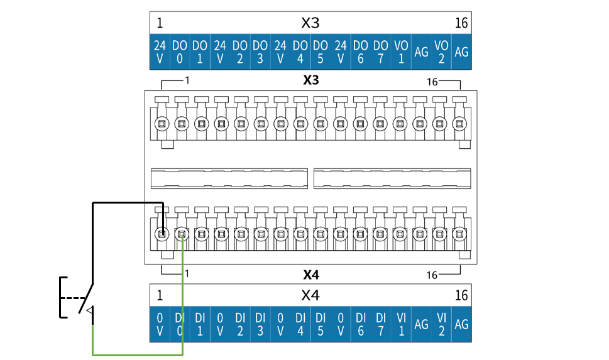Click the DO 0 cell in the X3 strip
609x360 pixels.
coord(180,52)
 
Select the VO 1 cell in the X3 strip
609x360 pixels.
coord(401,52)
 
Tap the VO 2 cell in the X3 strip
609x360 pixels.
coord(441,52)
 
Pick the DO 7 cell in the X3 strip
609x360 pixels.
coord(381,52)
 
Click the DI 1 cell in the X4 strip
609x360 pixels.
coord(200,324)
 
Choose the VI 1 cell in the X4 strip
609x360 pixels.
coord(401,324)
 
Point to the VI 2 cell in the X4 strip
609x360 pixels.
coord(441,324)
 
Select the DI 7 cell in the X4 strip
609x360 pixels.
coord(381,324)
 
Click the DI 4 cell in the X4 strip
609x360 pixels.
coord(300,324)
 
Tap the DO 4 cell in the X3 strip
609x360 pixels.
coord(300,52)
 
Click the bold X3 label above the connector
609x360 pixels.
coord(310,80)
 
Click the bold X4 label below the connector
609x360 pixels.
coord(310,275)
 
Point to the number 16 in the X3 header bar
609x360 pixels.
coord(461,23)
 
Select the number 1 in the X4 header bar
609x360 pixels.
coord(160,295)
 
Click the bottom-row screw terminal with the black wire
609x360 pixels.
coord(162,234)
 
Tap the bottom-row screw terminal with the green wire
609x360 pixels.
coord(182,234)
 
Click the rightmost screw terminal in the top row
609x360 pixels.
coord(459,124)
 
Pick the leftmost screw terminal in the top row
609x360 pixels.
coord(162,124)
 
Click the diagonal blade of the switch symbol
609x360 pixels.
coord(86,298)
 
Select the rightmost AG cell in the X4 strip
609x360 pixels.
coord(461,324)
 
